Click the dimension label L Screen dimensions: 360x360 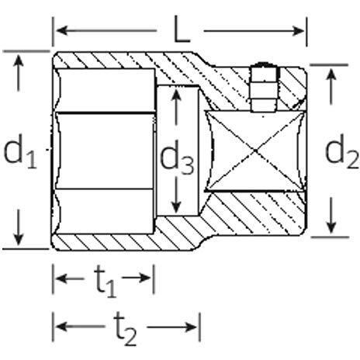click(182, 29)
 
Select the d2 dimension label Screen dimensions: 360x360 click(342, 152)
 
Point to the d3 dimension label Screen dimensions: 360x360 click(177, 157)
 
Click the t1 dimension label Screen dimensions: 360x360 click(105, 281)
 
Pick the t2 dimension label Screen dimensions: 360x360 click(126, 329)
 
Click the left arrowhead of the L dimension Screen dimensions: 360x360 click(61, 30)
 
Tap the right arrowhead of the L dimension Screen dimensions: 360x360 click(299, 31)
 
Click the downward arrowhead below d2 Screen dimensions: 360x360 click(331, 227)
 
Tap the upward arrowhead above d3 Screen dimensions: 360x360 click(176, 95)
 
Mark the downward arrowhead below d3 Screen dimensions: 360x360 click(176, 207)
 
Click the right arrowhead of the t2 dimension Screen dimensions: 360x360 click(191, 327)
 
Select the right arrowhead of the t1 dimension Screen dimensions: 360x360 click(144, 279)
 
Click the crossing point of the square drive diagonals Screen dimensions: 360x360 click(255, 151)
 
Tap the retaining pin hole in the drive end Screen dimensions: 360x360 click(263, 88)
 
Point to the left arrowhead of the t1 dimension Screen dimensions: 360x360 click(62, 279)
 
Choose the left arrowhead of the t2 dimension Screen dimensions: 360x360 click(62, 327)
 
